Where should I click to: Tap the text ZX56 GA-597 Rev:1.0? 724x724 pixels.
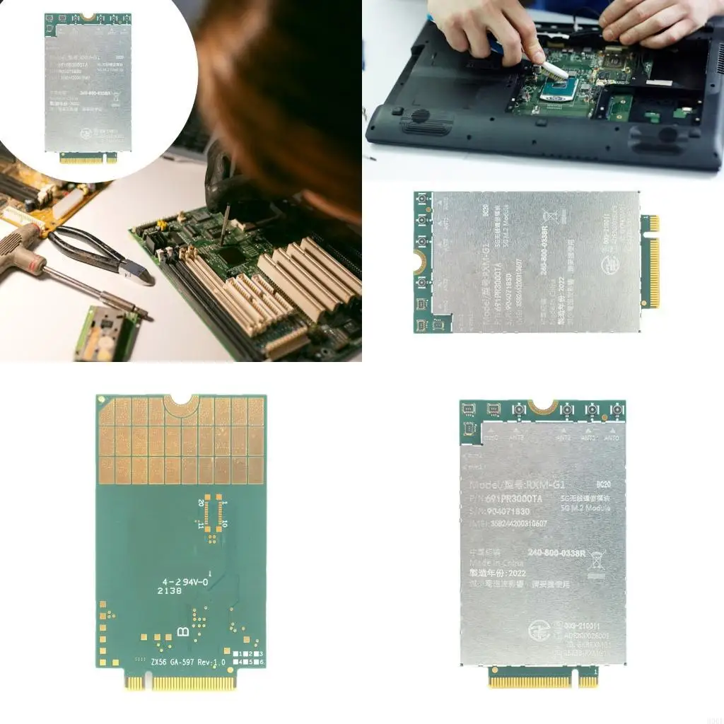coord(187,662)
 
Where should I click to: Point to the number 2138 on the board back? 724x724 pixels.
coord(169,590)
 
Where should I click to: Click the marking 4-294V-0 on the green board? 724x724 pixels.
coord(182,580)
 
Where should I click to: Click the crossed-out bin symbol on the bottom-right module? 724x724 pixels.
coord(596,556)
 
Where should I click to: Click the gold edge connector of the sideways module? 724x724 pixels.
coord(650,262)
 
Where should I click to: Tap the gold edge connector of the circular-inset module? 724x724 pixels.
coord(88,158)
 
